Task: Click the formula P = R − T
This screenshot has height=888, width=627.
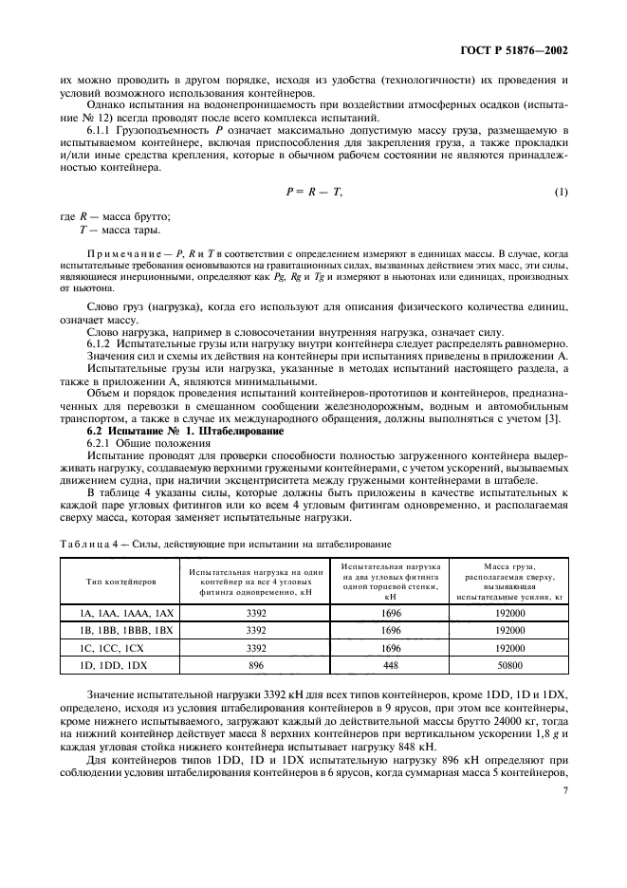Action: [313, 193]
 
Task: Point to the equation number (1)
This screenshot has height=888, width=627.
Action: [562, 193]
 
